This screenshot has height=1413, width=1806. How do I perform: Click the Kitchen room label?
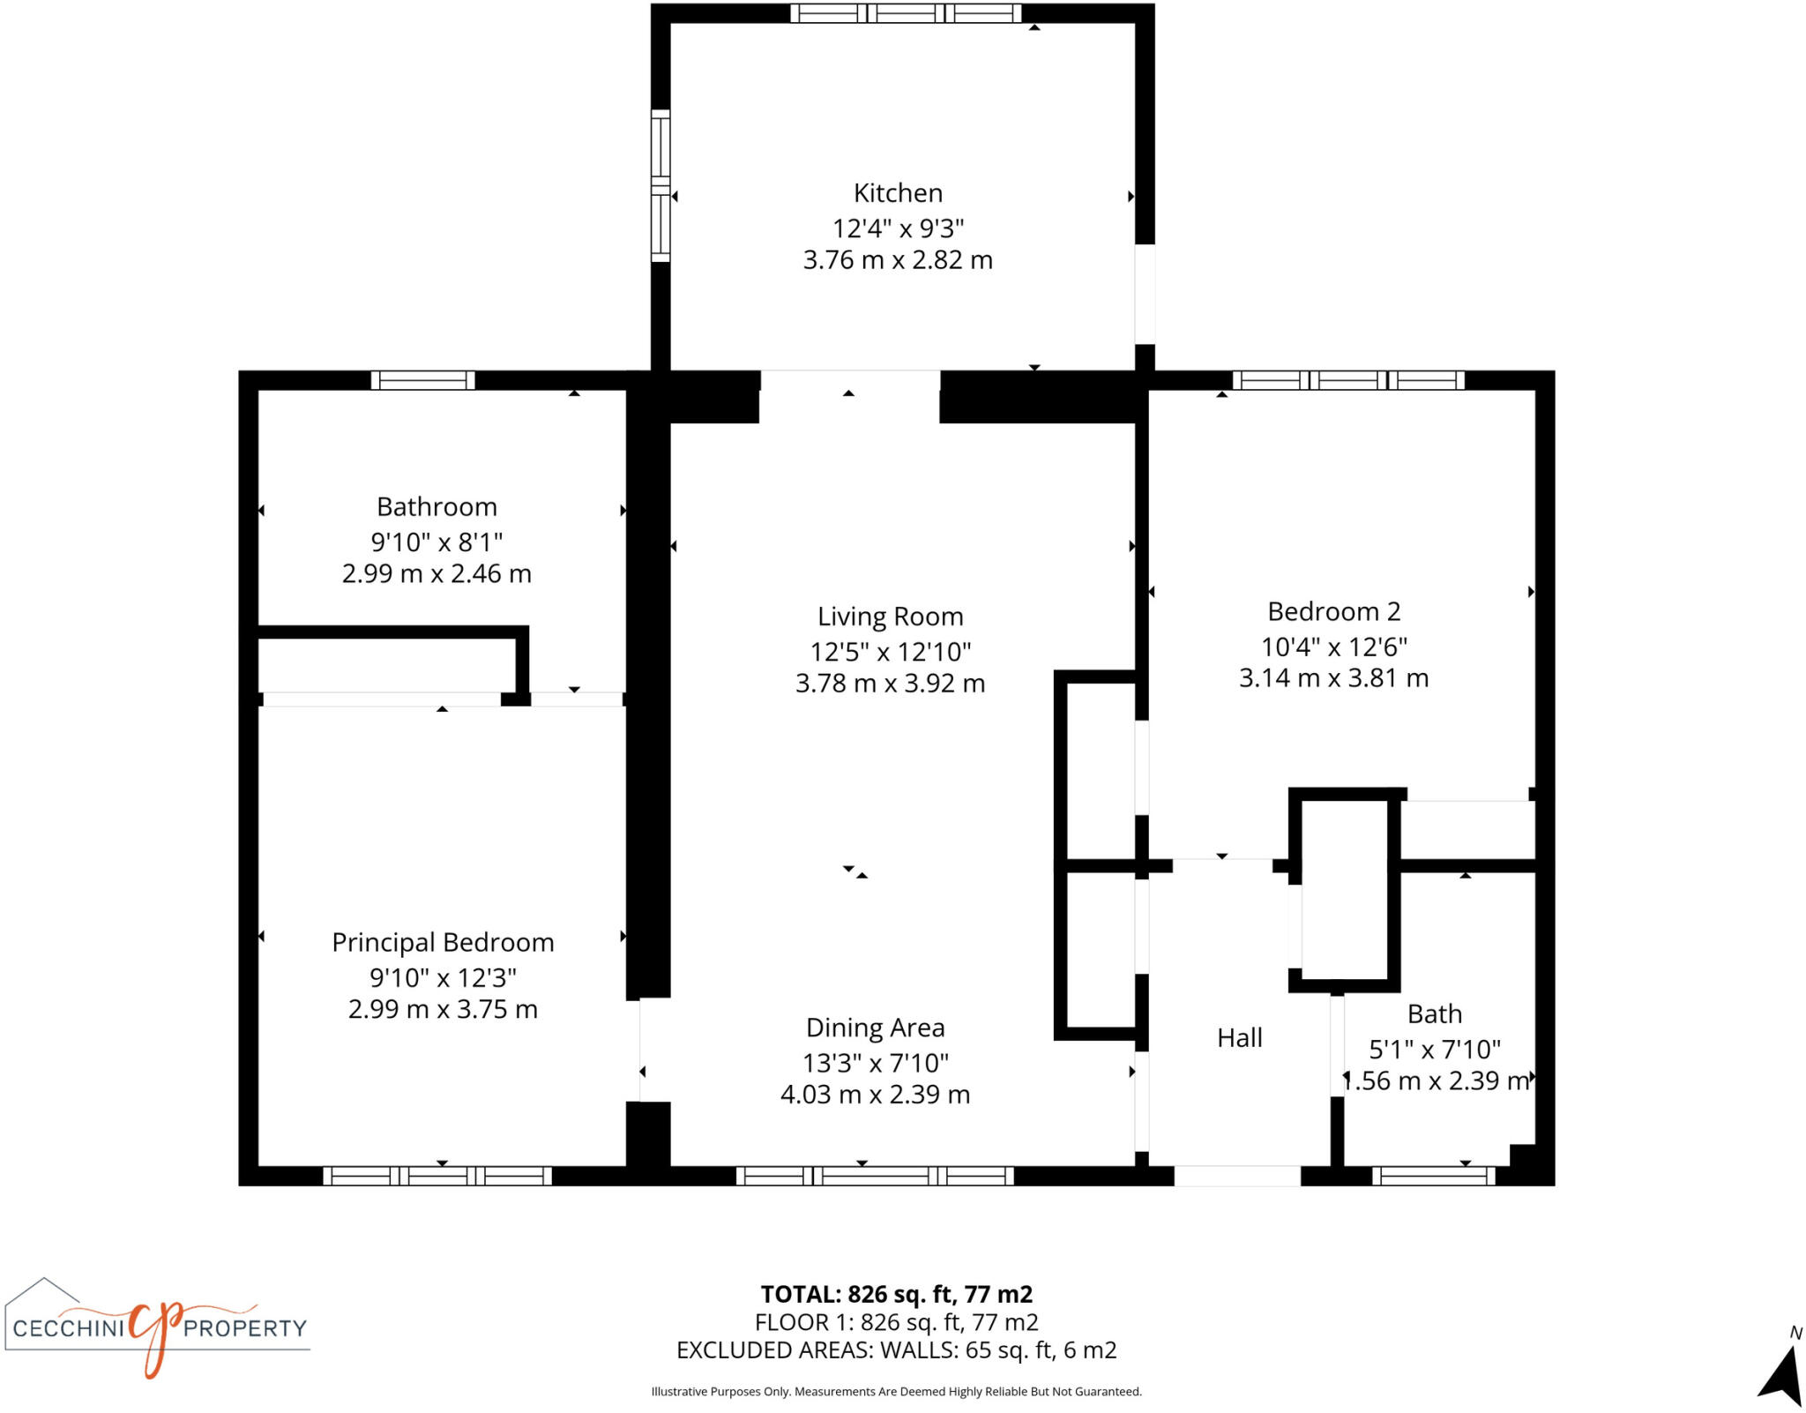click(x=898, y=193)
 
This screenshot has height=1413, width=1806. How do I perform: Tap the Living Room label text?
click(x=890, y=617)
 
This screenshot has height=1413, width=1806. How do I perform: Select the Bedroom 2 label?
click(x=1333, y=611)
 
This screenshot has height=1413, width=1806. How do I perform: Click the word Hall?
click(x=1239, y=1037)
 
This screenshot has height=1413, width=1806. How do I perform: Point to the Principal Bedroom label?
click(x=443, y=942)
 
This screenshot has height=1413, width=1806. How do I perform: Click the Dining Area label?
click(x=875, y=1028)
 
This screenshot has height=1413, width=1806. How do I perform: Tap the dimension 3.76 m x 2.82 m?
click(x=898, y=260)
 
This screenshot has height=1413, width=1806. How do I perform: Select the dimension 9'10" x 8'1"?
click(x=437, y=542)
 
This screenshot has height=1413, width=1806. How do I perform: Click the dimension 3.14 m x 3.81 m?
click(x=1333, y=678)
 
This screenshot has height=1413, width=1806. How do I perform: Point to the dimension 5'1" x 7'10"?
click(x=1434, y=1050)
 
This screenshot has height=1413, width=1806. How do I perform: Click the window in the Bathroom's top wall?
click(x=422, y=380)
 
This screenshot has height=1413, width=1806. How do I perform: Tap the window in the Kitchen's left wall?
click(x=660, y=185)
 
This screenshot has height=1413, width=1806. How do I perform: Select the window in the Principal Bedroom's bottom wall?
click(x=437, y=1176)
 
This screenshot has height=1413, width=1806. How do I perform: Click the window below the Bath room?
click(x=1434, y=1176)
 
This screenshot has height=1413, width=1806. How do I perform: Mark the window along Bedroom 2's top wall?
click(x=1348, y=380)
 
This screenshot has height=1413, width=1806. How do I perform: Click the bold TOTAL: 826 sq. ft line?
click(x=896, y=1294)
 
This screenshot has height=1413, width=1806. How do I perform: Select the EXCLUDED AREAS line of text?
click(x=896, y=1350)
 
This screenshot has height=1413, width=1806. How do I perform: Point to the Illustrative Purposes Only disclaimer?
click(x=896, y=1392)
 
